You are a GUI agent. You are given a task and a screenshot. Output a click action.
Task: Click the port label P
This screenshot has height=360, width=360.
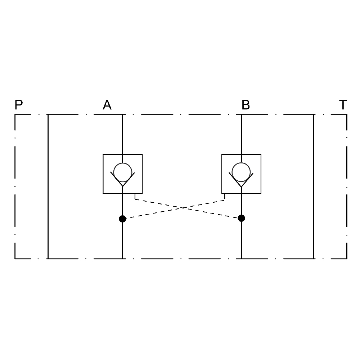pyautogui.click(x=19, y=105)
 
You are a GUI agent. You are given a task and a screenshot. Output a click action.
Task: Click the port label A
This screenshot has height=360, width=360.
pyautogui.click(x=107, y=105)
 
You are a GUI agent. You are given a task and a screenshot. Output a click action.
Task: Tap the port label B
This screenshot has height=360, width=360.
pyautogui.click(x=246, y=105)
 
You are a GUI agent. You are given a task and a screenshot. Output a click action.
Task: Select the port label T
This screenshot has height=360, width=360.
pyautogui.click(x=343, y=105)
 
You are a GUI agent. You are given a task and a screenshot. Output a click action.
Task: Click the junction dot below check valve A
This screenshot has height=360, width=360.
pyautogui.click(x=122, y=219)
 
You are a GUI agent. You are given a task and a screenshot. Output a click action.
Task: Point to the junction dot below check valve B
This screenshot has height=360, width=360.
pyautogui.click(x=241, y=218)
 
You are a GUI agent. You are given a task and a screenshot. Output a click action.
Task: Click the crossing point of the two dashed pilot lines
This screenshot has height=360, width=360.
pyautogui.click(x=183, y=208)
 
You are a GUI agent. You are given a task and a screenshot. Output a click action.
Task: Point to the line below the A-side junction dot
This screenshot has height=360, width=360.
pyautogui.click(x=122, y=239)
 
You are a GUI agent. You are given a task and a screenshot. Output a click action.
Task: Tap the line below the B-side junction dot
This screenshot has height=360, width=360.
pyautogui.click(x=241, y=239)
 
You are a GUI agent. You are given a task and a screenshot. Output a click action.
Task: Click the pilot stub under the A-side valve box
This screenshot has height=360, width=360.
pyautogui.click(x=135, y=196)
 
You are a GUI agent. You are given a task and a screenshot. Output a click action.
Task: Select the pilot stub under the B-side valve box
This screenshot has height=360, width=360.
pyautogui.click(x=225, y=197)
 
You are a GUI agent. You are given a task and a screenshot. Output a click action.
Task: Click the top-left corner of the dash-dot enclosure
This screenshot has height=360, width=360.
pyautogui.click(x=15, y=114)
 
